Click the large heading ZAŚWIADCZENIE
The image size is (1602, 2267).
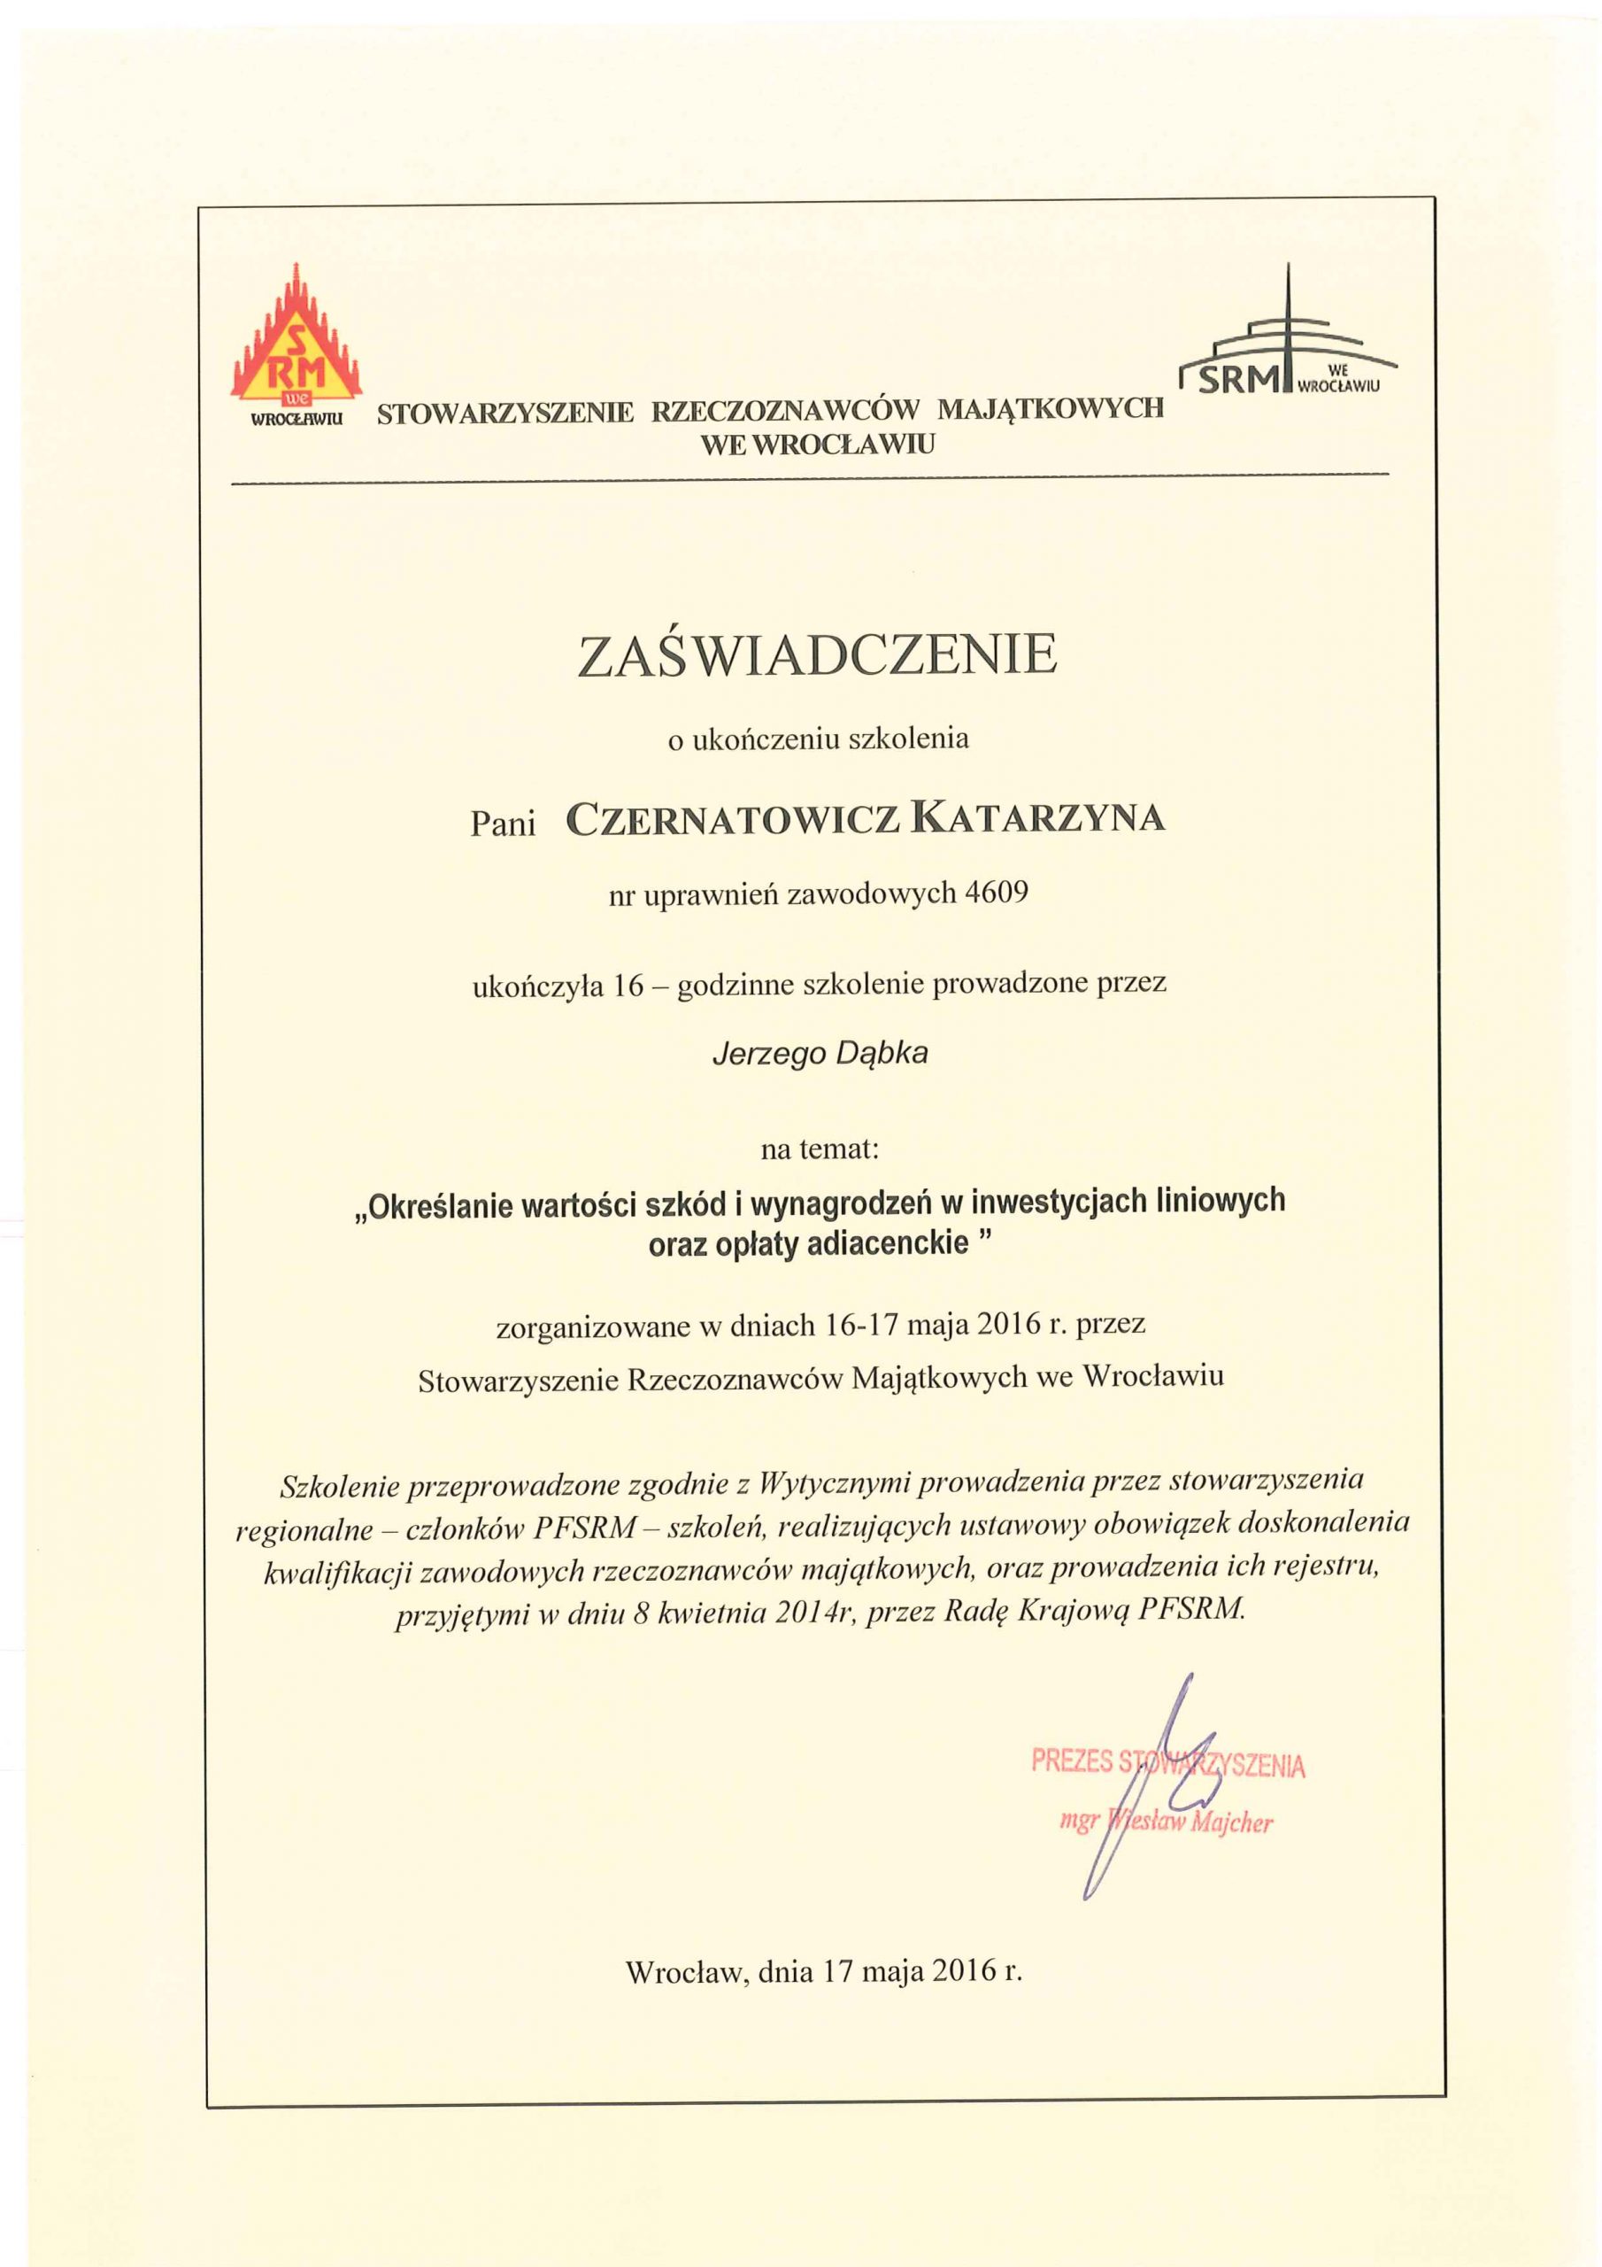[817, 655]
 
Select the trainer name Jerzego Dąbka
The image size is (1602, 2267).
[820, 1055]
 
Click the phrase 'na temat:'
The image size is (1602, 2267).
[819, 1149]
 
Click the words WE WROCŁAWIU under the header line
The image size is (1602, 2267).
[817, 446]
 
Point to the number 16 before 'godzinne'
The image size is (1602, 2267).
[628, 985]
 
